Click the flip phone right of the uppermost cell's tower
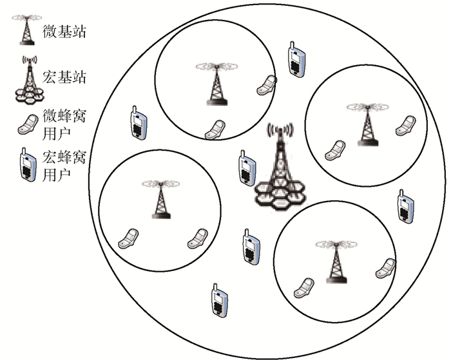(x=266, y=84)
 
